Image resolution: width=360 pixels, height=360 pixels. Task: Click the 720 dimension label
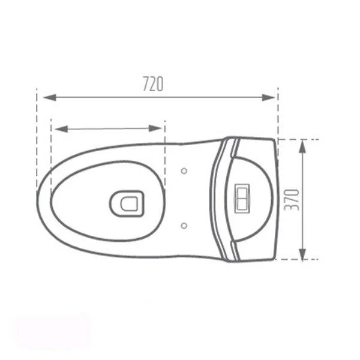point(153,84)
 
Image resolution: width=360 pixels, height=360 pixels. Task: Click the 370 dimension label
point(292,200)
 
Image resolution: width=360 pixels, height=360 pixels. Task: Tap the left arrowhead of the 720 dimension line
point(50,97)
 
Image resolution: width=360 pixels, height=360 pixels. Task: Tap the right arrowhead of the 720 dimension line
point(269,97)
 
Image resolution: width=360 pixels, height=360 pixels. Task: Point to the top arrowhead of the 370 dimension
point(303,146)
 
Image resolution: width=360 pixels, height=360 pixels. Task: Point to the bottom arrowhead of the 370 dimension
point(303,254)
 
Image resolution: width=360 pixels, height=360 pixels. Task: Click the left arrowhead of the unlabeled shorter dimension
point(61,129)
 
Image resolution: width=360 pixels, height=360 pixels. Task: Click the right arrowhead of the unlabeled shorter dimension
point(155,128)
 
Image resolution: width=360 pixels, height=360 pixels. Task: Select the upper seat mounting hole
point(184,171)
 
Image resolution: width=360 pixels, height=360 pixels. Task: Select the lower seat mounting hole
point(184,226)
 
